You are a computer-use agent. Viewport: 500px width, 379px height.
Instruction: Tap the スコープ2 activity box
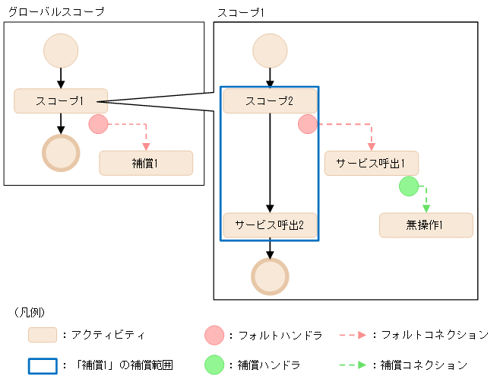click(x=270, y=101)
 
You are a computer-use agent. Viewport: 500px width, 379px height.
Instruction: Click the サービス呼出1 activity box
click(x=371, y=164)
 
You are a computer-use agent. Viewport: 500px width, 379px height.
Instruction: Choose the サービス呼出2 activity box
click(x=270, y=225)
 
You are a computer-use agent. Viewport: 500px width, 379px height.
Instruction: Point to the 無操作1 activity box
click(x=426, y=225)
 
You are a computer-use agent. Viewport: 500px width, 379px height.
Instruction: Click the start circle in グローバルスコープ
click(x=61, y=51)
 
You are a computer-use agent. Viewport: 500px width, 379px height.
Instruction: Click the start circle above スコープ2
click(x=270, y=51)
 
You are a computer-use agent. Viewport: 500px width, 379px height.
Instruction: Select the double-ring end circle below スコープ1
click(x=61, y=153)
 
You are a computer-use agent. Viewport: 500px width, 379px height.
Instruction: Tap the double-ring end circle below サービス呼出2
click(x=270, y=276)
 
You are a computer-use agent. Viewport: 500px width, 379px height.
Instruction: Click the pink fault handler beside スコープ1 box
click(x=98, y=124)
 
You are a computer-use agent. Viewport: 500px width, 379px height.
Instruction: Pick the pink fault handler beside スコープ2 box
click(x=307, y=124)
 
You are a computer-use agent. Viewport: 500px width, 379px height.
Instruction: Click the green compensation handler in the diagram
click(x=409, y=186)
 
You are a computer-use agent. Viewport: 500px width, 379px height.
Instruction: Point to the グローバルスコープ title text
click(x=55, y=11)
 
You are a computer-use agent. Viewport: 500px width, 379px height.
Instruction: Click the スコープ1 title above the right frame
click(x=242, y=11)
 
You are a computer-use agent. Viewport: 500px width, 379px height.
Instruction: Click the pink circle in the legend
click(x=214, y=335)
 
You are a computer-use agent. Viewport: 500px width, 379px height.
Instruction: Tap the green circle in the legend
click(x=214, y=365)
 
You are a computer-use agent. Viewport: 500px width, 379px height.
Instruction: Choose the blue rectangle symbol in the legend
click(x=43, y=365)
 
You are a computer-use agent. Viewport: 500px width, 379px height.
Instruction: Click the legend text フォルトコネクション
click(x=434, y=335)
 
